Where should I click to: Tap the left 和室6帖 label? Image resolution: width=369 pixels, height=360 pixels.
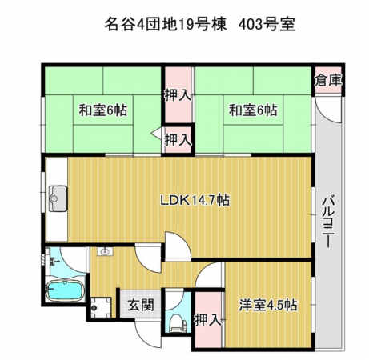click(x=101, y=110)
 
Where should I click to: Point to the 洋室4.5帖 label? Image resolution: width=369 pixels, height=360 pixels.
click(x=268, y=305)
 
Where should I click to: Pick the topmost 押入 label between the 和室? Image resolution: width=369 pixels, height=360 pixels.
click(x=178, y=94)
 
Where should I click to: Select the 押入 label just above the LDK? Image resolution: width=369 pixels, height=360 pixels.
click(x=178, y=139)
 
